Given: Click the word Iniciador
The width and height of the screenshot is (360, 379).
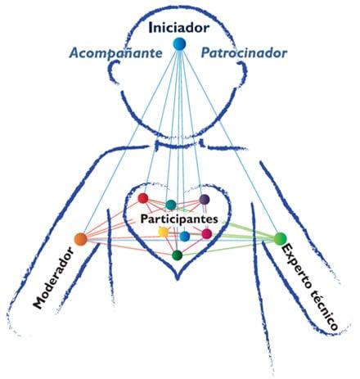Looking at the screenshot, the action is coord(178,28).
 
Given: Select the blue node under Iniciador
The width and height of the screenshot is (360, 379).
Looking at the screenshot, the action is coord(179,43).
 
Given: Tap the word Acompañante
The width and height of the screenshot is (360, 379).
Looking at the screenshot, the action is coord(115,53).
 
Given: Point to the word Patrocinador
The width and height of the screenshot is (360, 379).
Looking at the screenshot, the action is coord(244,53).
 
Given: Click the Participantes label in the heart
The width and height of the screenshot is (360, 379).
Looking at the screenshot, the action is coord(179,219).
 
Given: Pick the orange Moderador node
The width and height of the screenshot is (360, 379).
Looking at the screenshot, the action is coord(81,239).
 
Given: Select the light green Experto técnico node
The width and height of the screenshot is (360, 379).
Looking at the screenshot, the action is coord(280,238).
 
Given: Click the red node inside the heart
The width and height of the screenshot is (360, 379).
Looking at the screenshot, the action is coord(143,198).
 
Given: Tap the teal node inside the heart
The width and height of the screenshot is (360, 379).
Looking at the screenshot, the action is coord(171,205).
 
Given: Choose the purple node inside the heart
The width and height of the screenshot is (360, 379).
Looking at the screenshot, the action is coord(204,200).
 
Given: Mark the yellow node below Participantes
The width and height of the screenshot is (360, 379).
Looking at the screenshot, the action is coord(164,232).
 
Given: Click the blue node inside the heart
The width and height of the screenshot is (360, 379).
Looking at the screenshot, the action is coord(185,236).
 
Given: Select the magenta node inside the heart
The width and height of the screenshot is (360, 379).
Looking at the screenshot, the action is coord(207,233).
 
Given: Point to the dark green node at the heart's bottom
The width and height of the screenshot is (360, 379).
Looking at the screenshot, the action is coord(178,255).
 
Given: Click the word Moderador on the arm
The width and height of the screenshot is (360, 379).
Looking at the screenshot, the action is coord(53,277).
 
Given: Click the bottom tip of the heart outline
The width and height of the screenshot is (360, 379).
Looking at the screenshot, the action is coord(178,279).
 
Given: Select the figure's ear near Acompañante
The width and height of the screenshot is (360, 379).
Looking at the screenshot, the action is coord(114,71).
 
